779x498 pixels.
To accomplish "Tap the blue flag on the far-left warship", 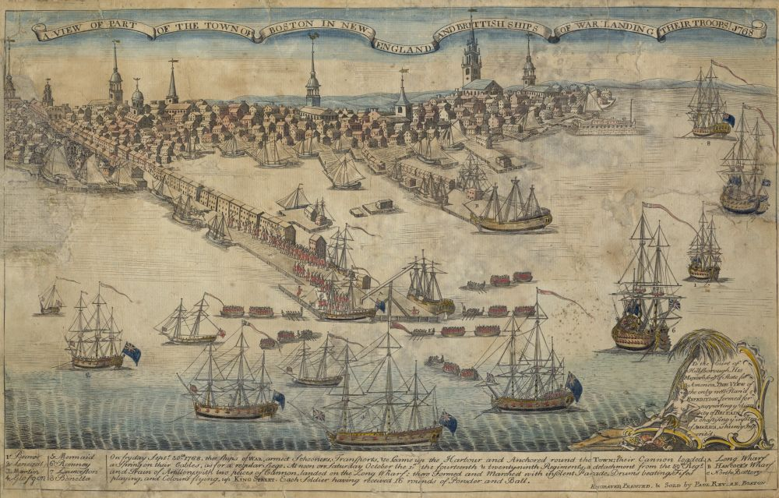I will [x=132, y=355].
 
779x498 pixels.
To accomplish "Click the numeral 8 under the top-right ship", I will [x=708, y=143].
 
